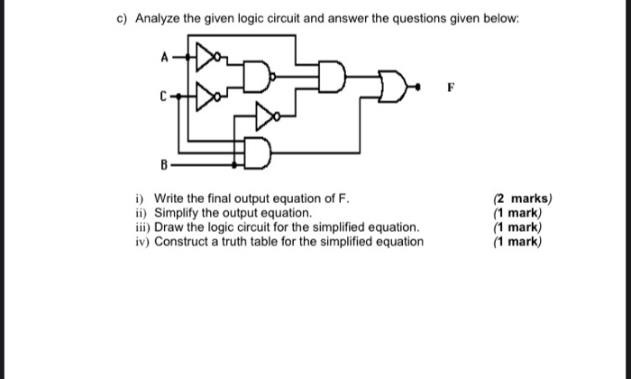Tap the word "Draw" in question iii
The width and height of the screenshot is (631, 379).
pyautogui.click(x=170, y=226)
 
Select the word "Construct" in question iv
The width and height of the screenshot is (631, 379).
pyautogui.click(x=185, y=241)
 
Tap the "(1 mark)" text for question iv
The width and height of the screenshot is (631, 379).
pyautogui.click(x=517, y=241)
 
